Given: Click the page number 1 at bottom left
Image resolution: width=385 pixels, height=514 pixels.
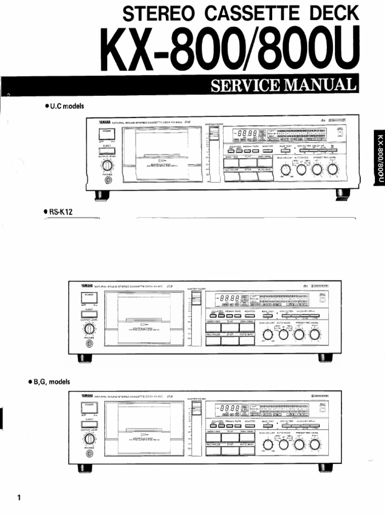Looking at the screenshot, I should pyautogui.click(x=19, y=498).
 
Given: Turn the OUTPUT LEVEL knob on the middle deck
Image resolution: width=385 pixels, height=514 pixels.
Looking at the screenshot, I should pyautogui.click(x=89, y=329).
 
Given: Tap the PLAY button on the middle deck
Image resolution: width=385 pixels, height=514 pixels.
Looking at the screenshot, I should pyautogui.click(x=232, y=324).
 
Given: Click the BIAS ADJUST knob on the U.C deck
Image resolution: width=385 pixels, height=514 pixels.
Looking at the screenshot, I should pyautogui.click(x=286, y=170).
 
